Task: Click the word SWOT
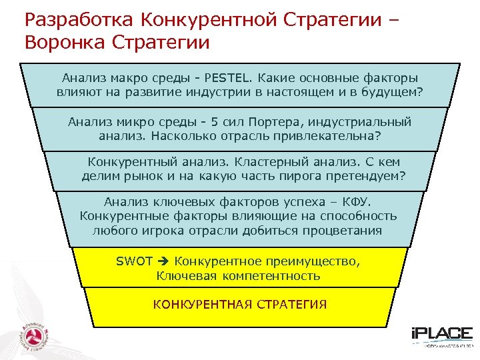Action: click(134, 261)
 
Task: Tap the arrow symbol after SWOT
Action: click(163, 261)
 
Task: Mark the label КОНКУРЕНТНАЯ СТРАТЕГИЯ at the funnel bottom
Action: click(239, 305)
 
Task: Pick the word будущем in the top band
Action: click(393, 92)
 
